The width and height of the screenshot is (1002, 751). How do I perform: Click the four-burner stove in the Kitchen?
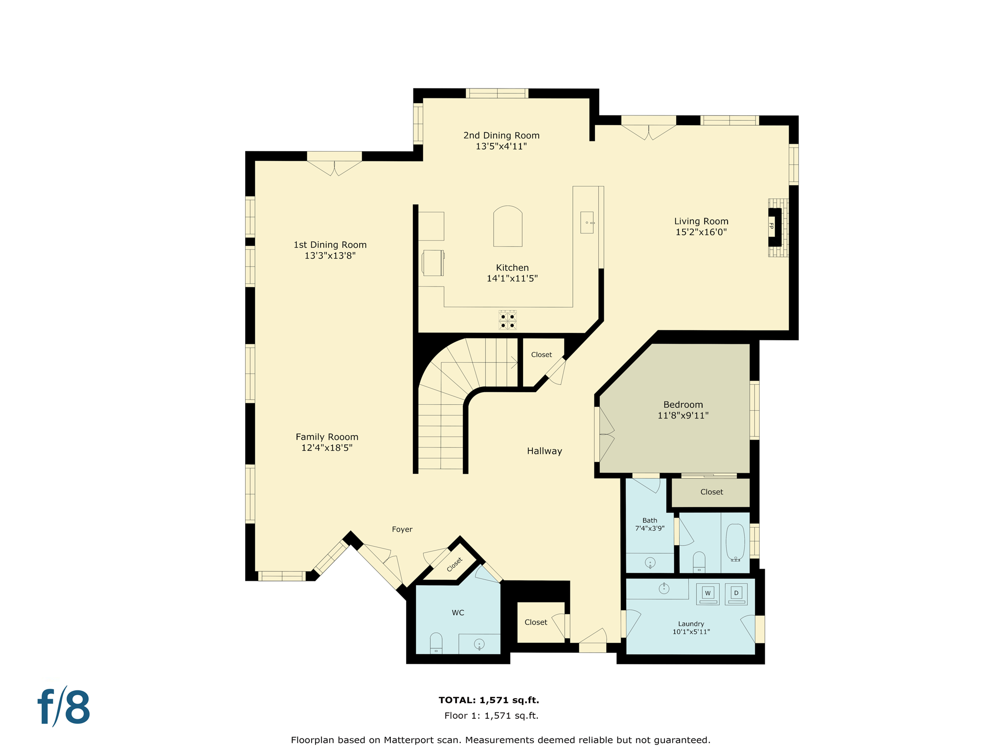point(507,321)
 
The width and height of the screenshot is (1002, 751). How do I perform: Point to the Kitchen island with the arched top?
point(508,227)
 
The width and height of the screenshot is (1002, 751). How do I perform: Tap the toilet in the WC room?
point(436,643)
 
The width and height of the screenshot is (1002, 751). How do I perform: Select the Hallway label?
point(544,451)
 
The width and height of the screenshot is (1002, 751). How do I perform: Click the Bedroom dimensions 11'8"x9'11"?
point(683,416)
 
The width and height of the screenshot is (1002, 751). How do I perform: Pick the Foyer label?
point(402,530)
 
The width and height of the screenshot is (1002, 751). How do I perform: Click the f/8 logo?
point(64,707)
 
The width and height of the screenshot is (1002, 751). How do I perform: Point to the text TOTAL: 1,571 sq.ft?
point(489,700)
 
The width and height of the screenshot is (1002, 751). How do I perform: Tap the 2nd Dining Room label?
point(501,135)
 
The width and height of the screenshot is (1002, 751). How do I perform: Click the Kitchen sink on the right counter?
point(587,223)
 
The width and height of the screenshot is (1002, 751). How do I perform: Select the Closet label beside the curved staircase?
point(541,355)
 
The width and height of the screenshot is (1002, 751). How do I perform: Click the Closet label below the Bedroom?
point(711,492)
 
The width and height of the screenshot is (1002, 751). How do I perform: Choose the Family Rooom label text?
point(327,437)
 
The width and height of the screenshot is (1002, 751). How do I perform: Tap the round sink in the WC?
point(479,644)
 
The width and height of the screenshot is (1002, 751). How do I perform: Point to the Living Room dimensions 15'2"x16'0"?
point(701,232)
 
